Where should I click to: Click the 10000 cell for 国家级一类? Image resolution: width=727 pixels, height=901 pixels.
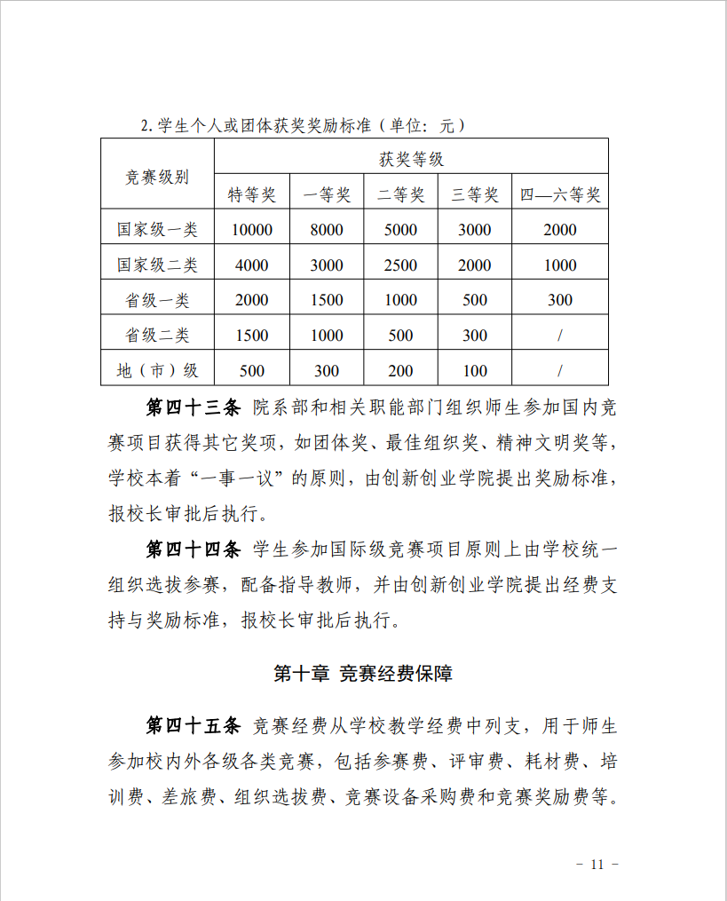(x=252, y=230)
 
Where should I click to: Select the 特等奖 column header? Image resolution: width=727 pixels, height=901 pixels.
(x=252, y=195)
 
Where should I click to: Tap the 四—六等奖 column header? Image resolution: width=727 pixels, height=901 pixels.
(x=560, y=195)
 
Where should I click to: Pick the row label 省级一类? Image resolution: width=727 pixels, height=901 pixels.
(x=157, y=300)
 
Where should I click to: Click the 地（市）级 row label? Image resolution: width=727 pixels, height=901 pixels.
(x=157, y=370)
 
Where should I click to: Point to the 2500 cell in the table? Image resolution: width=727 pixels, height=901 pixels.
(x=400, y=265)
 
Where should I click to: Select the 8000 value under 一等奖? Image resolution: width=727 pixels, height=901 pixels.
(x=327, y=230)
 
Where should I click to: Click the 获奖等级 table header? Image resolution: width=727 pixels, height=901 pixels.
(x=411, y=160)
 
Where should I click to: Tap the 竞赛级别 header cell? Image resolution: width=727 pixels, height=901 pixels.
(x=157, y=177)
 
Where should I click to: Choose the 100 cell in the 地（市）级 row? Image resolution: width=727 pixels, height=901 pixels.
(x=475, y=370)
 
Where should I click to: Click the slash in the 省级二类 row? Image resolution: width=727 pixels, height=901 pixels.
(x=560, y=336)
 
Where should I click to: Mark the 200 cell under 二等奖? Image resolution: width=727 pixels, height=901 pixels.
(x=400, y=370)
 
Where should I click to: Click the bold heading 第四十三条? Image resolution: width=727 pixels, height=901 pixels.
(x=193, y=408)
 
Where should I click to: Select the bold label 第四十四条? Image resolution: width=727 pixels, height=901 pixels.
(x=193, y=550)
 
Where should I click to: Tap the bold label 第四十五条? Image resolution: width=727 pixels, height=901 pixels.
(x=193, y=726)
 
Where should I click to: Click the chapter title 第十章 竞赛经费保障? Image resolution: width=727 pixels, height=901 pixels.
(x=363, y=674)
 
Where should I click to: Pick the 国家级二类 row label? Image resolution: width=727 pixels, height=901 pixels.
(x=157, y=265)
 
